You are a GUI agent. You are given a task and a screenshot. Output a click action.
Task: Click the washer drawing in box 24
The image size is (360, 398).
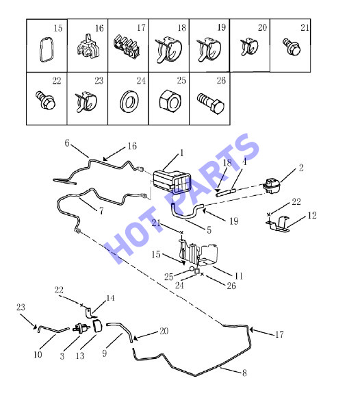coord(129,101)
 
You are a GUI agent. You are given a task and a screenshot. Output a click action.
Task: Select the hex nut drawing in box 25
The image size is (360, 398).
coord(170,101)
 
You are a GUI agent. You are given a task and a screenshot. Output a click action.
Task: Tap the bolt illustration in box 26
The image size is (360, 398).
coord(211,104)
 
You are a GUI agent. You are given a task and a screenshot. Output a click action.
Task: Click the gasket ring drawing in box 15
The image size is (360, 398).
coord(46,49)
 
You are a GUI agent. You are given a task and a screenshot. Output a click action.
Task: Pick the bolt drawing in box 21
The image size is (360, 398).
coord(292,47)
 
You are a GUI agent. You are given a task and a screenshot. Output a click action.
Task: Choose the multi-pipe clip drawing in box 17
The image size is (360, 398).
coord(127,46)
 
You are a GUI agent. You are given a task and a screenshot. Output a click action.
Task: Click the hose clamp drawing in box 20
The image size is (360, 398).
coord(249,47)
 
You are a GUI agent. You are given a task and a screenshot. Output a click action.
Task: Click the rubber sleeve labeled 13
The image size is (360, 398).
coord(97,326)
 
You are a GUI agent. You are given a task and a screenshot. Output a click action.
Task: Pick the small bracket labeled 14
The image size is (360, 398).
coord(90,313)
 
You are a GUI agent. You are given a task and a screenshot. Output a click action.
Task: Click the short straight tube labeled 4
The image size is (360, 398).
coord(226,192)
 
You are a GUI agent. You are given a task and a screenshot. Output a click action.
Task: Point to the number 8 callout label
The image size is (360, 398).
coord(244,373)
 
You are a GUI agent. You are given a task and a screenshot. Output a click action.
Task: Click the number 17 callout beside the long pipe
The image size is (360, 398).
coord(279,334)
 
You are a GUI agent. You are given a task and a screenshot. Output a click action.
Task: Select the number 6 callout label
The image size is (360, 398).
coord(67,143)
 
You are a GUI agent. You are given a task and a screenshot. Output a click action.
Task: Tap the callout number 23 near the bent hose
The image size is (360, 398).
coord(21,308)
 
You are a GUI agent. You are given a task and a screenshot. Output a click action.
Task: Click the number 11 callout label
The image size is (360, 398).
coord(239,276)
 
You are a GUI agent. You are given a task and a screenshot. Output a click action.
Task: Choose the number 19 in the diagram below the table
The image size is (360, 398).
coord(234,221)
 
